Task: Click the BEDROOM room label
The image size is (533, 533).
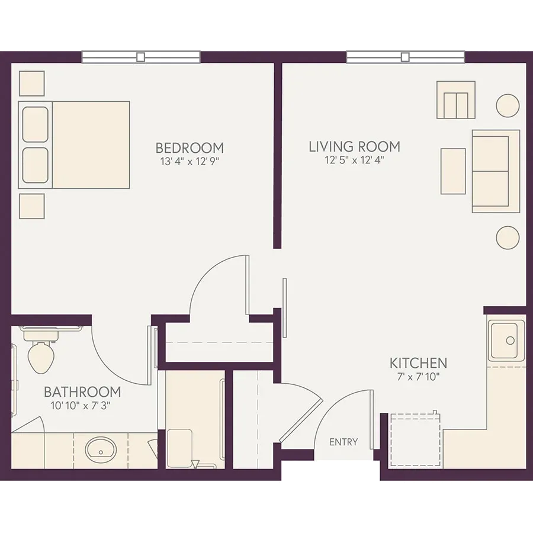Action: pos(190,148)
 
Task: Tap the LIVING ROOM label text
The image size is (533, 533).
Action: pos(354,146)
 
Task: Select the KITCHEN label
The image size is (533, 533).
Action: pos(418,364)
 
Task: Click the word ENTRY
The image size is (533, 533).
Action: pos(343,442)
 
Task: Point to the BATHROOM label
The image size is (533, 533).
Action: pos(82,392)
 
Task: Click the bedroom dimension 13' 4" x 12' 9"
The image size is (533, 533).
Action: pos(190,162)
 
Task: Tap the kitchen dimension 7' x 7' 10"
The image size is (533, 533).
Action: pos(418,377)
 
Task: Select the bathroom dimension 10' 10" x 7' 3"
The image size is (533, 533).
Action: pos(81,406)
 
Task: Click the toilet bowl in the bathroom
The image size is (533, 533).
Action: pos(41,357)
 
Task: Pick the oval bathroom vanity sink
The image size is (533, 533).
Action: pos(101,448)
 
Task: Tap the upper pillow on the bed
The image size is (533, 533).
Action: pos(35,124)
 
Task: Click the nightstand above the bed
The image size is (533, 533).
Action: pos(31,84)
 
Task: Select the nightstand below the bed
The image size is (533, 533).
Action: pos(31,206)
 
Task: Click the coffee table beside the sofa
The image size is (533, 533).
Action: pos(453,171)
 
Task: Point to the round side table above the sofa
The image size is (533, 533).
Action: pos(508,106)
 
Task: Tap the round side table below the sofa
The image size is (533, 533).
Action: pos(508,237)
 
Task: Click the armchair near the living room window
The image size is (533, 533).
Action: pos(456,99)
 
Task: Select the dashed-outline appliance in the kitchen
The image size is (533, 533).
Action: pos(415,440)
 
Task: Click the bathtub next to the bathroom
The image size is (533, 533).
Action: pos(195,419)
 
